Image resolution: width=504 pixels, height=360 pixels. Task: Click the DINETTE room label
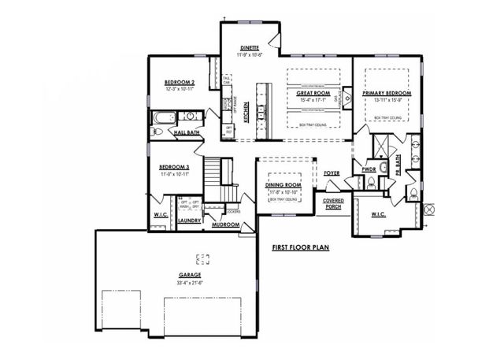250,48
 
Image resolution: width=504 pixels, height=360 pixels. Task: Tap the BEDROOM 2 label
180,83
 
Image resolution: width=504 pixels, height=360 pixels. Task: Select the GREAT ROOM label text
312,94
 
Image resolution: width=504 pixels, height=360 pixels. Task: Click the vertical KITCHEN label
247,112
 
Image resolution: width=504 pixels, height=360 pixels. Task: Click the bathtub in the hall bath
162,119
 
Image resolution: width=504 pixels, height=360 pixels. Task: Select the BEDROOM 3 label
174,167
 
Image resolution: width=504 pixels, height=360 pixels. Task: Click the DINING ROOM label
284,185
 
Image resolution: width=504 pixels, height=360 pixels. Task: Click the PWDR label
369,169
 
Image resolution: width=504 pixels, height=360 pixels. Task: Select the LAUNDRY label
189,221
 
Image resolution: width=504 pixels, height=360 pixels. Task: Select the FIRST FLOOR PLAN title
300,247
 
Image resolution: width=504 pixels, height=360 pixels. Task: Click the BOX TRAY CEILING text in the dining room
284,200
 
